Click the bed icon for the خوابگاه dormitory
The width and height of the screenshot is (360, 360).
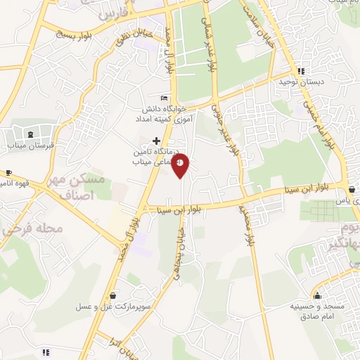164,98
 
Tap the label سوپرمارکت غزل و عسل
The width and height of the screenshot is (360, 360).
113,308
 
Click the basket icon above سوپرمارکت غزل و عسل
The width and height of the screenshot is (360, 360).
113,296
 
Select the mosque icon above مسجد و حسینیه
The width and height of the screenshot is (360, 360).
318,296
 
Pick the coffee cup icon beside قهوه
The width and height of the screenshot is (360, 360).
8,172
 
